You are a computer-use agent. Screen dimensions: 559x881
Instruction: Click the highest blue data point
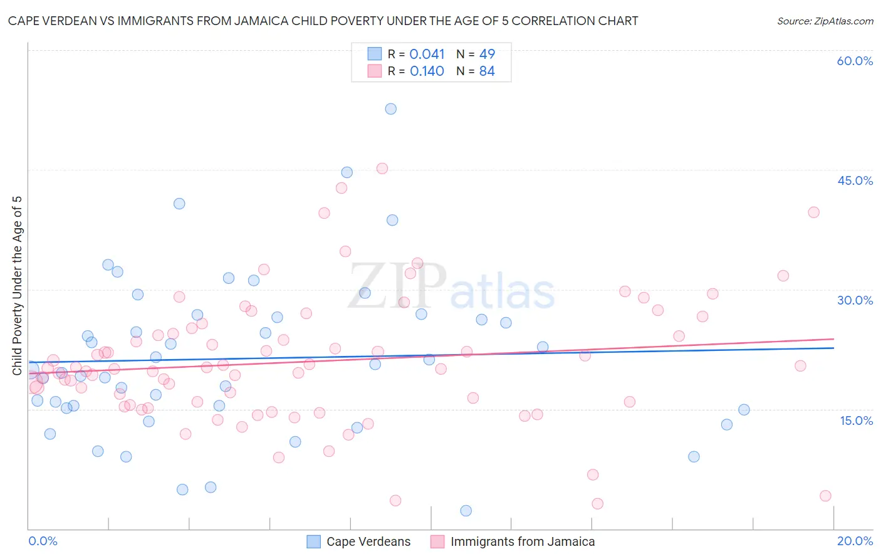[x=390, y=109]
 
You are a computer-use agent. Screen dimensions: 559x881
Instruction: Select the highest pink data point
[x=382, y=169]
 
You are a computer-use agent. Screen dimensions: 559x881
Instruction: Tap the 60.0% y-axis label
[x=855, y=61]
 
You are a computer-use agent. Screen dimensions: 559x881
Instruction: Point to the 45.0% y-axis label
[x=855, y=180]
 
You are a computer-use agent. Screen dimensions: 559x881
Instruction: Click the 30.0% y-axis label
[x=855, y=300]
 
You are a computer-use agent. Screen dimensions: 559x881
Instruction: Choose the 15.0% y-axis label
[x=856, y=421]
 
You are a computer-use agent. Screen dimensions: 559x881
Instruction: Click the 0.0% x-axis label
[x=43, y=541]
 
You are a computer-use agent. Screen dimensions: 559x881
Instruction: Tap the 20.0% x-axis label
[x=855, y=541]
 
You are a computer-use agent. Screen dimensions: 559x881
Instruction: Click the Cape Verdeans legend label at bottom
[x=368, y=542]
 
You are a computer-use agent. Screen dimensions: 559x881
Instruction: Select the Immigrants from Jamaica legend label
[x=523, y=542]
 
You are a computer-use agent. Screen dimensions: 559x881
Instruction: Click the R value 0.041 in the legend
[x=427, y=55]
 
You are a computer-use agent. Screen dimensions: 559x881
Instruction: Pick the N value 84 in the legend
[x=487, y=71]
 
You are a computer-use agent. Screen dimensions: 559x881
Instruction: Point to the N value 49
[x=487, y=55]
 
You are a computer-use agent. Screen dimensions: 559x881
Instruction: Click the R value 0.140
[x=427, y=71]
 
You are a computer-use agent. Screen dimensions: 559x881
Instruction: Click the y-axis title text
[x=18, y=286]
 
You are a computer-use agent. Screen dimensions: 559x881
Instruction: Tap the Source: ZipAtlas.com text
[x=825, y=21]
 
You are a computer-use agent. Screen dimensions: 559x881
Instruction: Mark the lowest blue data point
[x=466, y=511]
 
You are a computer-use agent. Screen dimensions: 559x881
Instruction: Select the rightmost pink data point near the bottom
[x=825, y=496]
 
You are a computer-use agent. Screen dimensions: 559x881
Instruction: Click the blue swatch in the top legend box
[x=375, y=54]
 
